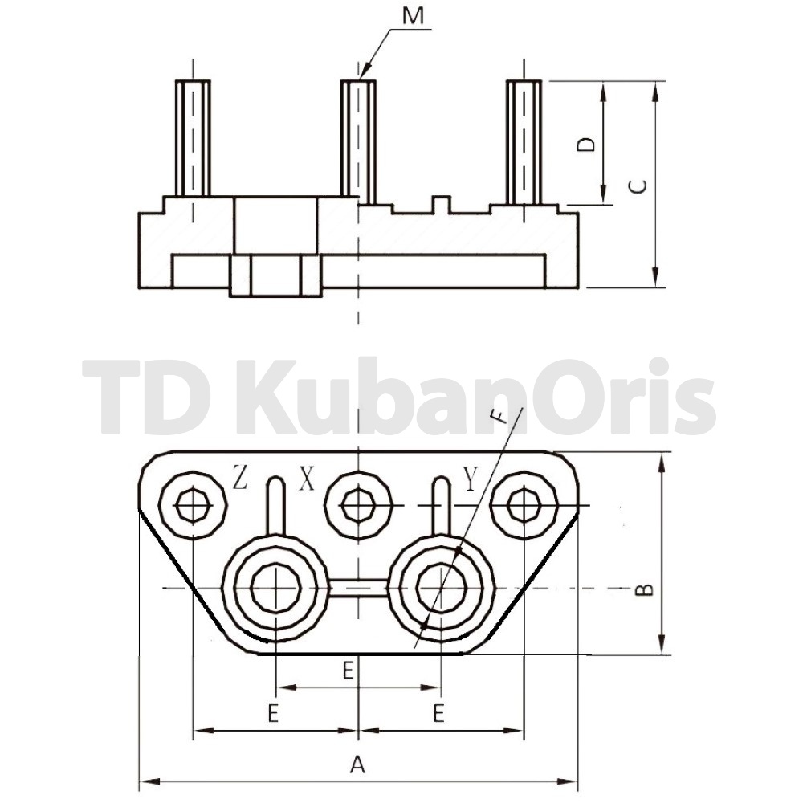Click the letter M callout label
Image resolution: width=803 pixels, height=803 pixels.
click(413, 16)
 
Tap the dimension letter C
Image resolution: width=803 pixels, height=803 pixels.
click(637, 187)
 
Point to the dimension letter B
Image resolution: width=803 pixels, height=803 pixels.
click(644, 590)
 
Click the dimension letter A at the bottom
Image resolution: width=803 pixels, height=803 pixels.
click(357, 764)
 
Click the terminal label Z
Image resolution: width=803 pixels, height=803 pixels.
click(240, 477)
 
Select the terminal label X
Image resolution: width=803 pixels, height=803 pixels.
click(307, 479)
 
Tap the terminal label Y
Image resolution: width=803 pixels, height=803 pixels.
click(470, 478)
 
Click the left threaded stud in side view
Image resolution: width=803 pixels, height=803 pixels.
click(193, 138)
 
